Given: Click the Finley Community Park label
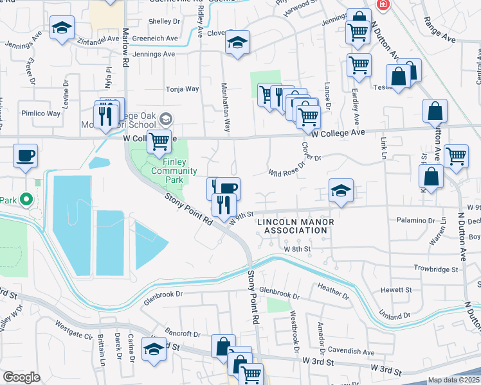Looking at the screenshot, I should pos(174,171).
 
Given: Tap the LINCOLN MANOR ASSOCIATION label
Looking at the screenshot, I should pos(296,227).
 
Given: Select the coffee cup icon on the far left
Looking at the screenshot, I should pos(25,155).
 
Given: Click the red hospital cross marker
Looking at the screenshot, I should pos(384,4).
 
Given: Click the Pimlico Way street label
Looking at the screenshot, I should pos(40,114).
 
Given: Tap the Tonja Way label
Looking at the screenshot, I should pos(183,89).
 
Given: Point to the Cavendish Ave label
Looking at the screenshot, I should pos(351,352).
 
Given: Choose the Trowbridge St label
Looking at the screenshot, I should pos(435,269).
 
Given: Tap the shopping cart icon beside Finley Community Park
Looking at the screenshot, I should pos(158,141).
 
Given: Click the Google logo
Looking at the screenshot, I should pos(21,377).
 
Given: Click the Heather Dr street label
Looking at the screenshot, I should pos(332,293).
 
